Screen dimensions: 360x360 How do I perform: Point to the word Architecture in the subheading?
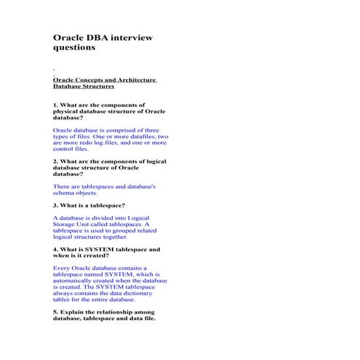(x=135, y=79)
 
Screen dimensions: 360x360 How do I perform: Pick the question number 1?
(x=55, y=105)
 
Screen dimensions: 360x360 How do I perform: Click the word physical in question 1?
(x=65, y=111)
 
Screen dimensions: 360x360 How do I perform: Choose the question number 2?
(x=55, y=161)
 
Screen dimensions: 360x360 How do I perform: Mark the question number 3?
(x=55, y=206)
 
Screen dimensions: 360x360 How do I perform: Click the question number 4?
(x=55, y=249)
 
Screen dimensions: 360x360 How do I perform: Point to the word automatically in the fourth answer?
(x=75, y=280)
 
